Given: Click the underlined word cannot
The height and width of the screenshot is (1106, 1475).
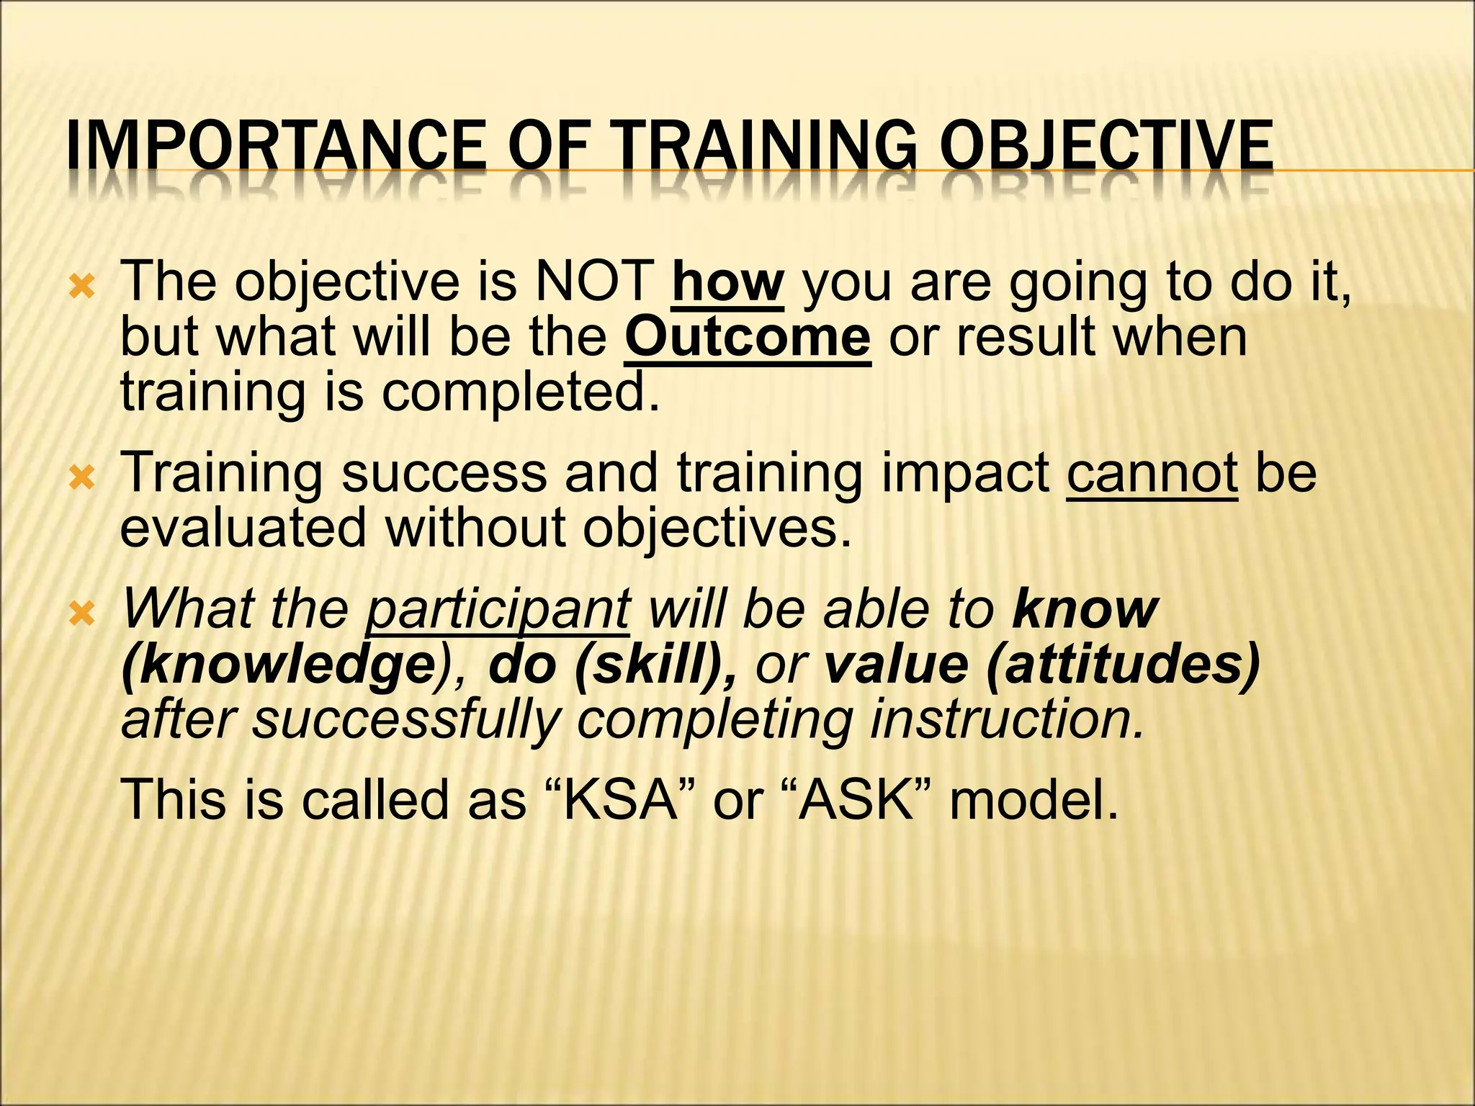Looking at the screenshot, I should coord(1152,473).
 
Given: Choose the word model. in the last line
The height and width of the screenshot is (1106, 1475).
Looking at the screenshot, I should coord(1034,799).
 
